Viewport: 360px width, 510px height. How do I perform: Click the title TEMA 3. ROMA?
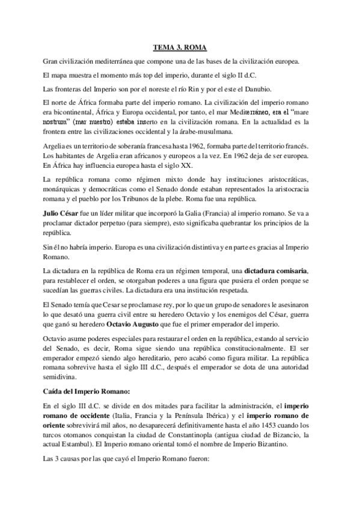point(180,46)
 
